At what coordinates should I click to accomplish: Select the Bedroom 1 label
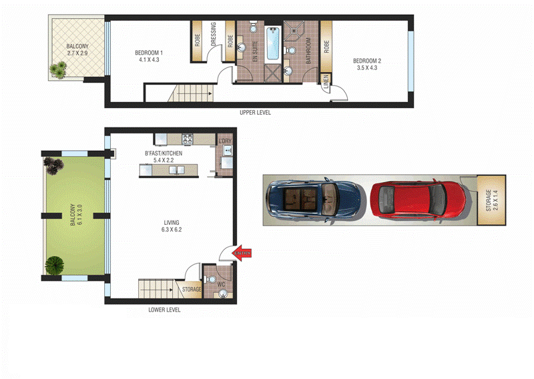coord(149,56)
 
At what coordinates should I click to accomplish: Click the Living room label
coord(172,226)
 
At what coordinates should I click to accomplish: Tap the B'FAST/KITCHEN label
coord(164,157)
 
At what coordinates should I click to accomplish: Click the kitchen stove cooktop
coord(188,140)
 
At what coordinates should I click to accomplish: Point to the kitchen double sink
coord(176,170)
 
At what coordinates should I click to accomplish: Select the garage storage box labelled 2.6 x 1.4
coord(491,200)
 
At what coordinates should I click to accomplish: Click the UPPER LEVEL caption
coord(255,112)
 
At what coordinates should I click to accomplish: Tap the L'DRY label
coord(224,141)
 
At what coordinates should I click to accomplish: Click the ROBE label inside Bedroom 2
coord(326,46)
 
